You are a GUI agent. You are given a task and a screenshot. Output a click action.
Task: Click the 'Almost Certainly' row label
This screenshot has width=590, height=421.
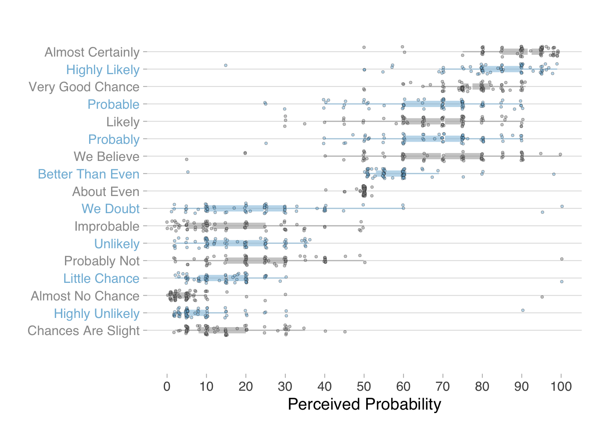92,52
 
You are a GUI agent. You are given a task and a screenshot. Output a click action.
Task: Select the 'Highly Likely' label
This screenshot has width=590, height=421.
103,70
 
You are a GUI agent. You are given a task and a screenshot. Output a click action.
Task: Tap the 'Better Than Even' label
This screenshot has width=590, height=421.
89,174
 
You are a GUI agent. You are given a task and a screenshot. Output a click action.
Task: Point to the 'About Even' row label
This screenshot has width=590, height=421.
106,192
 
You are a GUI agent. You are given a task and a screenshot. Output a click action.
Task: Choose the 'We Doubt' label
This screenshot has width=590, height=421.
111,209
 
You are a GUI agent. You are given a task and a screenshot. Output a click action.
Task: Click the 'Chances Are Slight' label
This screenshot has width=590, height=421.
83,331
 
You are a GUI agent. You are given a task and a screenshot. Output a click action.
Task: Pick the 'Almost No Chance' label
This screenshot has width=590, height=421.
85,296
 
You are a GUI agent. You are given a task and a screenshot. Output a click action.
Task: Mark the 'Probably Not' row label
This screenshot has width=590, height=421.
102,261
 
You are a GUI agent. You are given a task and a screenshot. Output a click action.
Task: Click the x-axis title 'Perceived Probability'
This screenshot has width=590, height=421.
364,404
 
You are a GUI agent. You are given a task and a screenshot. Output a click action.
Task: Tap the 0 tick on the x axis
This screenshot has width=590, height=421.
167,386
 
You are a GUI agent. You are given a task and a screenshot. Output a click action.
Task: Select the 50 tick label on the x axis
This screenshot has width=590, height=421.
364,386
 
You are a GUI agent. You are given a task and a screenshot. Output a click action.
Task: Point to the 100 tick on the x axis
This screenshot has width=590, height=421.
561,386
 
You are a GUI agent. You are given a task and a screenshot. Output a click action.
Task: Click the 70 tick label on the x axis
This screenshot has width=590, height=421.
443,386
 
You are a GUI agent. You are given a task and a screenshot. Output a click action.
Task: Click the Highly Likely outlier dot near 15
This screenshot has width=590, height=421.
226,65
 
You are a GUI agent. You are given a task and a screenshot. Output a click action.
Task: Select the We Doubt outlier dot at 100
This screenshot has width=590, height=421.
562,207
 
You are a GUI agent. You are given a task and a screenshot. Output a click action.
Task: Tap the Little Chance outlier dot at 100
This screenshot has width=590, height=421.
562,282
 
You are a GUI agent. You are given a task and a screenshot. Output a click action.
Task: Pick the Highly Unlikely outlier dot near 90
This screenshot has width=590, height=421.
523,310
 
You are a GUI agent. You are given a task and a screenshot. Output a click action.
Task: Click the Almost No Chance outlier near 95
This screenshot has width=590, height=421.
542,297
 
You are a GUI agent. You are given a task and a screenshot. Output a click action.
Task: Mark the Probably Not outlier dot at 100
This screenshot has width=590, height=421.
562,259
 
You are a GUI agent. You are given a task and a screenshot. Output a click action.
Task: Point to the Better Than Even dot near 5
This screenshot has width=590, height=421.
187,172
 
